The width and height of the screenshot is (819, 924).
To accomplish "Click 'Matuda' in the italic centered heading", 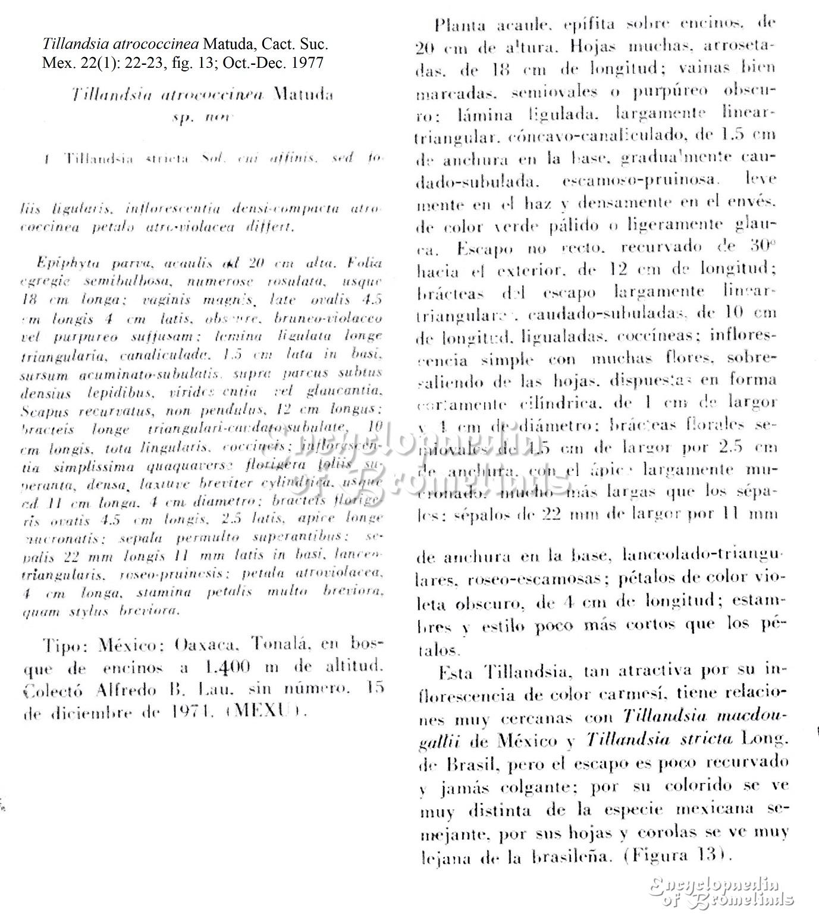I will (302, 95).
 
